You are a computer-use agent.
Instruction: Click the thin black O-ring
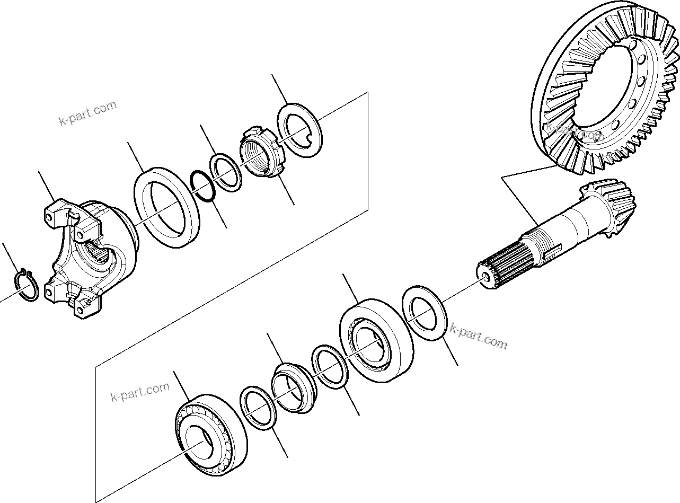(202, 187)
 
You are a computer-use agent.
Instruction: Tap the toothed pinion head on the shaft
(610, 206)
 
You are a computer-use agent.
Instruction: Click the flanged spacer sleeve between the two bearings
(293, 387)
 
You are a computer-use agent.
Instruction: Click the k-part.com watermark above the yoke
(87, 113)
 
